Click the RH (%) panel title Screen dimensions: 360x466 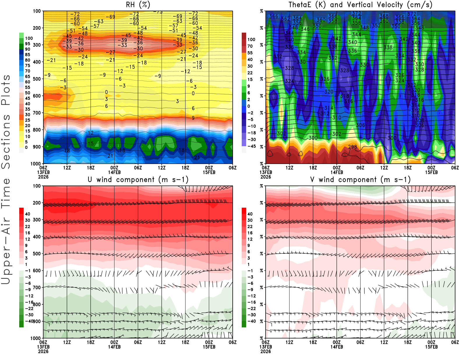(x=138, y=5)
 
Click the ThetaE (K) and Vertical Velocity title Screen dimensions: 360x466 (x=360, y=5)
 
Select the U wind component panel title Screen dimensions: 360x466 (x=138, y=180)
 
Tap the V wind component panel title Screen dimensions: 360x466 (x=360, y=180)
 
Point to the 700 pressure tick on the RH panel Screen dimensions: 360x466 (x=37, y=113)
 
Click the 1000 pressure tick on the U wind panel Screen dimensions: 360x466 (x=36, y=338)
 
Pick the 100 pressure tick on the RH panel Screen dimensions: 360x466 (x=37, y=11)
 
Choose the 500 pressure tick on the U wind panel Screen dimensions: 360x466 (x=37, y=254)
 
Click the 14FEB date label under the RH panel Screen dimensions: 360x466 (x=114, y=172)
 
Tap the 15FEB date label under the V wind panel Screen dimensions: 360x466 (x=431, y=347)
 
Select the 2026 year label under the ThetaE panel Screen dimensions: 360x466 (x=266, y=177)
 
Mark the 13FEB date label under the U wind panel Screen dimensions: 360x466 (x=43, y=347)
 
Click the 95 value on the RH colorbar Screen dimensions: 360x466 (x=28, y=44)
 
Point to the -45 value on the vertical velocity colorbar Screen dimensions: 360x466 (x=252, y=146)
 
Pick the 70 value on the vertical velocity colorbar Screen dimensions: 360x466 (x=250, y=46)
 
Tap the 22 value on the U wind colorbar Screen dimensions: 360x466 (x=28, y=227)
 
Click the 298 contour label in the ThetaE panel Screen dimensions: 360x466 (x=352, y=147)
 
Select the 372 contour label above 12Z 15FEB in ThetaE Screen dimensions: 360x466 (x=412, y=14)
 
